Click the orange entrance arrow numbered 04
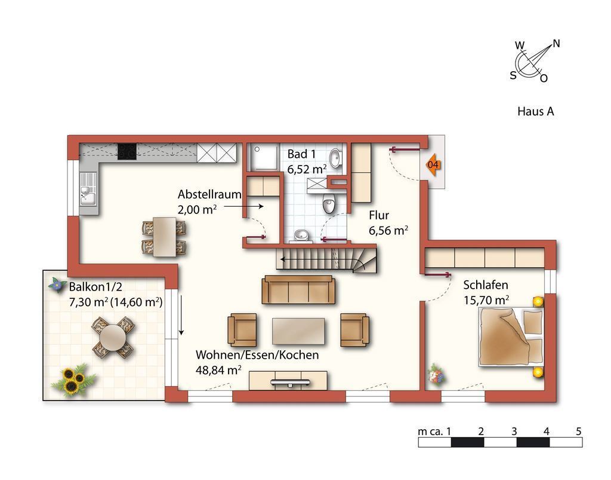(433, 165)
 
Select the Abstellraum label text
(209, 194)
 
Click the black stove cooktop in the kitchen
(127, 151)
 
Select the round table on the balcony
(113, 337)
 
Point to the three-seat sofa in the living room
(299, 289)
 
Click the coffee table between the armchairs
(298, 331)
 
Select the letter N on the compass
(556, 44)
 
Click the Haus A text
(535, 112)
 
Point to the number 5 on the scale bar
(578, 431)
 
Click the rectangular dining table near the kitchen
(164, 237)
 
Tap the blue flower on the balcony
(57, 285)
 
